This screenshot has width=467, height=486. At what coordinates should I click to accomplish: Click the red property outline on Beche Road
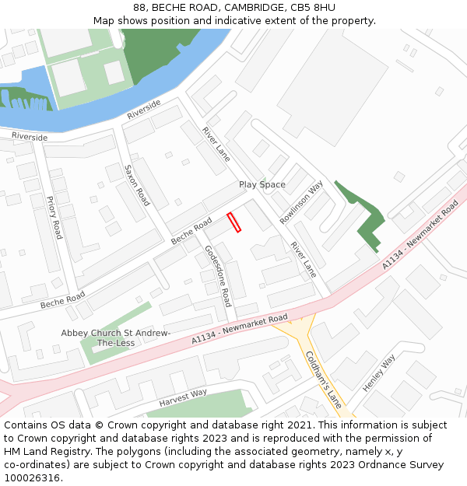(x=234, y=222)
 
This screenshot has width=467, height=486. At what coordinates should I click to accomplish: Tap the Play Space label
(x=262, y=185)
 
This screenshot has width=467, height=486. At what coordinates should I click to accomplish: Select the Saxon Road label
(x=136, y=185)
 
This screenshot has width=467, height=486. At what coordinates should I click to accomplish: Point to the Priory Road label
(x=54, y=217)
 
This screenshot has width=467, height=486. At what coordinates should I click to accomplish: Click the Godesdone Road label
(x=218, y=275)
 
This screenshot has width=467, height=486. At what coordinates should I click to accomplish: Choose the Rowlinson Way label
(x=301, y=202)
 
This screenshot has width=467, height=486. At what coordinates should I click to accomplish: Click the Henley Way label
(x=379, y=372)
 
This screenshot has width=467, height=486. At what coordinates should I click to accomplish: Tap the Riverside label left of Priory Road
(x=30, y=137)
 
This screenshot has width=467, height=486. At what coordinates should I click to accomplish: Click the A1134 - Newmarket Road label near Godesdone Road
(x=240, y=330)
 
